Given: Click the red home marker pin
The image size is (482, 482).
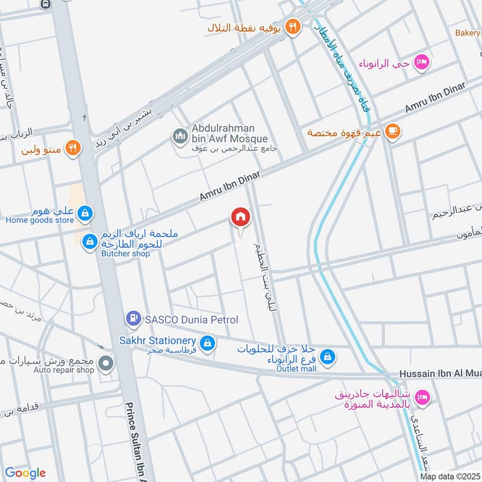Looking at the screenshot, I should point(240,217).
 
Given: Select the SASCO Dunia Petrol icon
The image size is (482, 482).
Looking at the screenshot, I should point(132,318).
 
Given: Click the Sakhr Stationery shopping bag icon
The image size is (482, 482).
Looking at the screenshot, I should point(207,343).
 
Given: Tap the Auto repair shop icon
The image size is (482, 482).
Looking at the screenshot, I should point(107,363).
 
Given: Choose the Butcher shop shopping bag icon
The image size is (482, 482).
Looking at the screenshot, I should point(90,241).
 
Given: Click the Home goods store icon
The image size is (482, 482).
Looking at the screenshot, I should point(86,212).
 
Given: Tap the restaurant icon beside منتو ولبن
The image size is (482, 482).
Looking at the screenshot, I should point(72,148).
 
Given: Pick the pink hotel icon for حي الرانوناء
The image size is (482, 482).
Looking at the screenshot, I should point(422,62).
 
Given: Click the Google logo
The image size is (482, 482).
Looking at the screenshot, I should point(25,472).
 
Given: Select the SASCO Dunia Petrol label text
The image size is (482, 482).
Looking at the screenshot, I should point(190,319).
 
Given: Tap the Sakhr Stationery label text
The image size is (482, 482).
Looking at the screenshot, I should point(159,341).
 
